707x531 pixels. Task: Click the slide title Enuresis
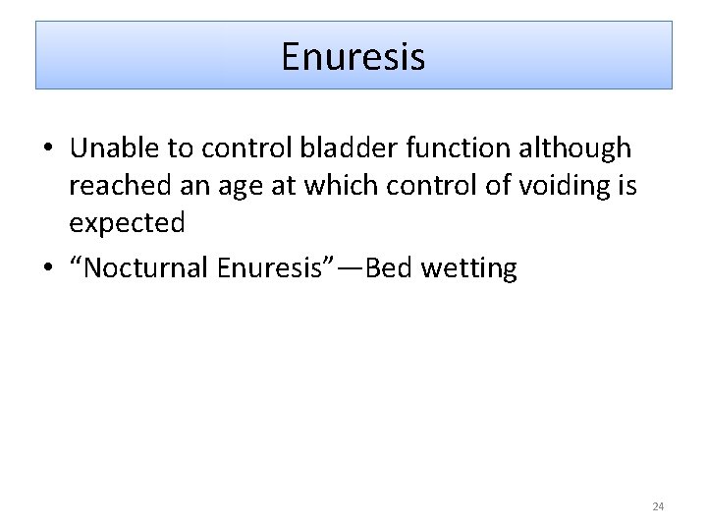pos(353,56)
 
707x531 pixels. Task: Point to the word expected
pos(127,224)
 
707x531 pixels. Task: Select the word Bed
pos(389,268)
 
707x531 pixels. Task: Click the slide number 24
pos(658,506)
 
